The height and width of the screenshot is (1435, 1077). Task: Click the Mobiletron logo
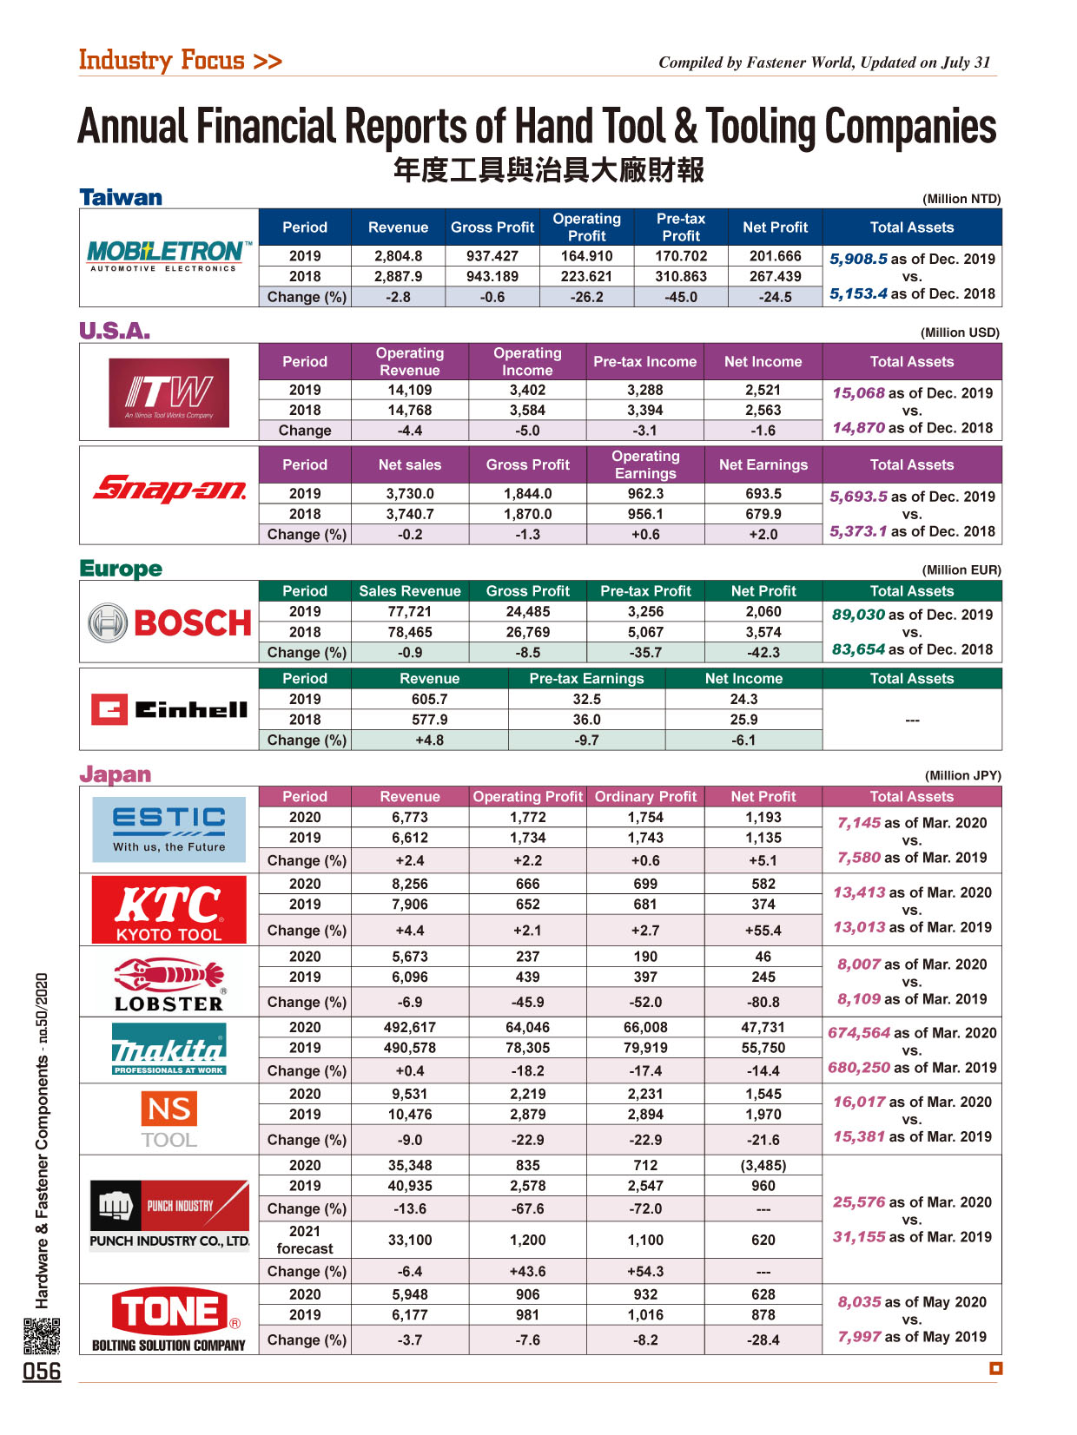pos(168,255)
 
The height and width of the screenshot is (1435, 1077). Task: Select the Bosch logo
pos(169,622)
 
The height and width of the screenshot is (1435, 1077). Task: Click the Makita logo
pos(169,1050)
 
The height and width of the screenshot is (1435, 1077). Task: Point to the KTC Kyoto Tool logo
pos(169,910)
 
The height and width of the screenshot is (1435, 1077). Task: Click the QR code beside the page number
pos(42,1335)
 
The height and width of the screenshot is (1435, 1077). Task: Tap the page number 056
pos(42,1372)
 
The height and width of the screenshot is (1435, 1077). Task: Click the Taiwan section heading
pos(121,197)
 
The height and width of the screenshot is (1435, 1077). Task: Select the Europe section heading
pos(121,569)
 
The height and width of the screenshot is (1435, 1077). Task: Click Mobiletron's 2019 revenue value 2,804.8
pos(399,256)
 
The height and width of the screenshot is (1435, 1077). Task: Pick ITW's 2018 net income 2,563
pos(763,410)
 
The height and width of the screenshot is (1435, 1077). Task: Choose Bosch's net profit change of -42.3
pos(763,652)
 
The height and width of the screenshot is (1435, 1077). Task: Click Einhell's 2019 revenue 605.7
pos(429,699)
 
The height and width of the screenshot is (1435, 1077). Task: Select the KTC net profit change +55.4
pos(763,931)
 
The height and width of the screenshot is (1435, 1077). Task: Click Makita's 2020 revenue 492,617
pos(410,1027)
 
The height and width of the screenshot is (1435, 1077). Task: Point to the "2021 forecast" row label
pos(305,1240)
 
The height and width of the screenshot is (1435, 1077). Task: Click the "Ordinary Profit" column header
pos(645,796)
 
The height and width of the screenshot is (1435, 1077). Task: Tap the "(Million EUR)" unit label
pos(961,570)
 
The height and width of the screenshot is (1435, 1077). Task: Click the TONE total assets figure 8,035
pos(859,1301)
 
